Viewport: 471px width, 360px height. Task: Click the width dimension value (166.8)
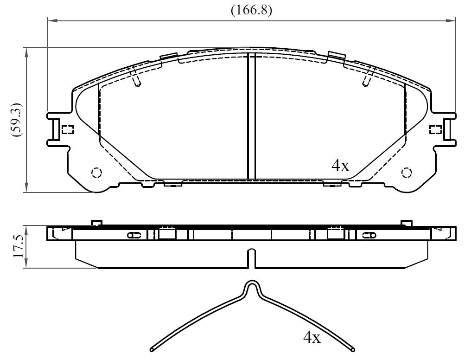251,10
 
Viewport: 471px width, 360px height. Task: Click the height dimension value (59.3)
17,120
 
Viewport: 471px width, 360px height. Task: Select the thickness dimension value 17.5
18,247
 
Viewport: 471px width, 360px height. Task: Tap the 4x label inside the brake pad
340,166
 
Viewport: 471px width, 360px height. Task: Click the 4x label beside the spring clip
312,337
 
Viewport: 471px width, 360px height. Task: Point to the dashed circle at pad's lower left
96,173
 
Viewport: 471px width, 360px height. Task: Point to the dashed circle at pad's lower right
407,173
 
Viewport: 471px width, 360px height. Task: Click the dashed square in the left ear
68,129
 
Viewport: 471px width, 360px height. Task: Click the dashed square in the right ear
435,129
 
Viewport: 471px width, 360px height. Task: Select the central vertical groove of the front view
251,116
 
